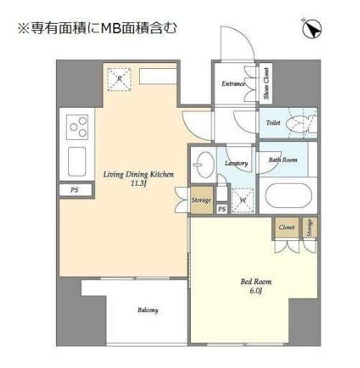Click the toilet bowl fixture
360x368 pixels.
coord(297,124)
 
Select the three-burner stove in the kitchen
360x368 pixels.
coord(77,128)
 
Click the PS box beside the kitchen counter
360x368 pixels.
coord(74,190)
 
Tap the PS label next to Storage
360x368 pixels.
coord(222,209)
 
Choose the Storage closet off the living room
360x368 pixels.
coord(202,200)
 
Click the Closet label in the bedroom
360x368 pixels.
coord(287,227)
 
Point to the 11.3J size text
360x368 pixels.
coord(139,183)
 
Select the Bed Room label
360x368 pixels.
coord(255,283)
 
